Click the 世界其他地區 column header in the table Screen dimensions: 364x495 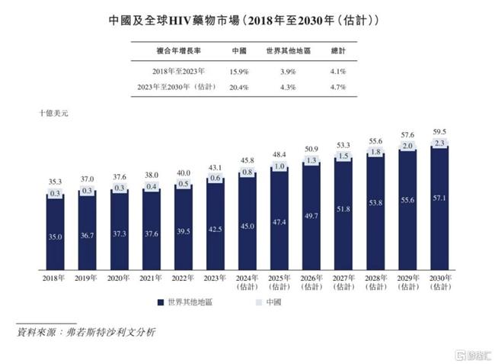pyautogui.click(x=287, y=51)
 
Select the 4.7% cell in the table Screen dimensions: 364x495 pyautogui.click(x=338, y=88)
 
